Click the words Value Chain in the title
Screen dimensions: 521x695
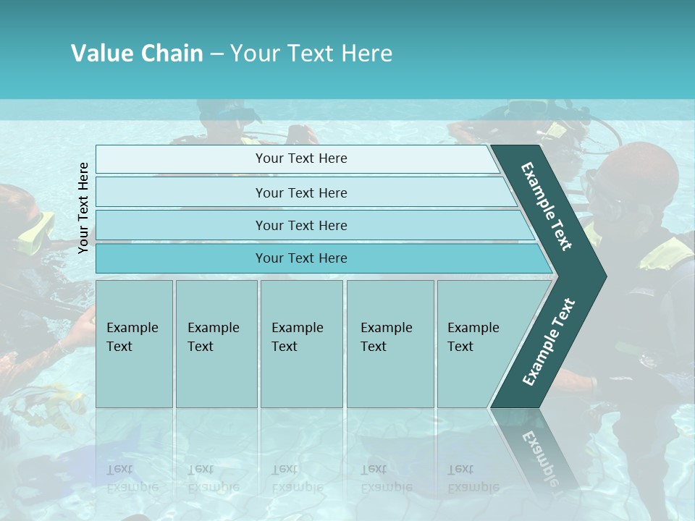coord(137,54)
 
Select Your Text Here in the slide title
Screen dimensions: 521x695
coord(311,54)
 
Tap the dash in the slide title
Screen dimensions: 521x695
coord(216,54)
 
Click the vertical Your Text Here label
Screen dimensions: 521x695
coord(83,208)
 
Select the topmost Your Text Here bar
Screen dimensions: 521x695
coord(300,158)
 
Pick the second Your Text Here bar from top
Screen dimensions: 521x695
coord(300,192)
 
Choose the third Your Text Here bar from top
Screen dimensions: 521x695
coord(300,225)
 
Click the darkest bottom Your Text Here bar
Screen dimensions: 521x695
coord(300,258)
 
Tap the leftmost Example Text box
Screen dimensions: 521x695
coord(134,344)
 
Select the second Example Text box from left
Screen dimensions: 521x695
coord(216,344)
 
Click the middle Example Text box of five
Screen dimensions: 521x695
coord(301,344)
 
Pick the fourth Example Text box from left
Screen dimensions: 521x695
coord(389,344)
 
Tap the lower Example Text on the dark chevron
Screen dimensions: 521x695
coord(549,342)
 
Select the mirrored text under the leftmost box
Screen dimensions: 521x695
coord(132,478)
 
